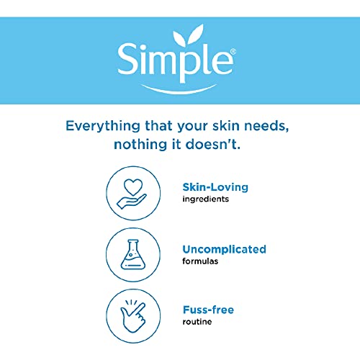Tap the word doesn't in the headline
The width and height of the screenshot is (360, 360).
click(222, 144)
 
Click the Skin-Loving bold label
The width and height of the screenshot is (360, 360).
click(215, 187)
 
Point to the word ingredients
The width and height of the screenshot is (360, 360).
click(205, 199)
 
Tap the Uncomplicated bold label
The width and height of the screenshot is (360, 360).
click(224, 249)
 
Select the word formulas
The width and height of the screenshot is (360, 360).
click(199, 261)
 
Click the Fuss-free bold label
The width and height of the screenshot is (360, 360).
click(208, 310)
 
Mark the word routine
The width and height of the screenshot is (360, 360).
click(197, 322)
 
